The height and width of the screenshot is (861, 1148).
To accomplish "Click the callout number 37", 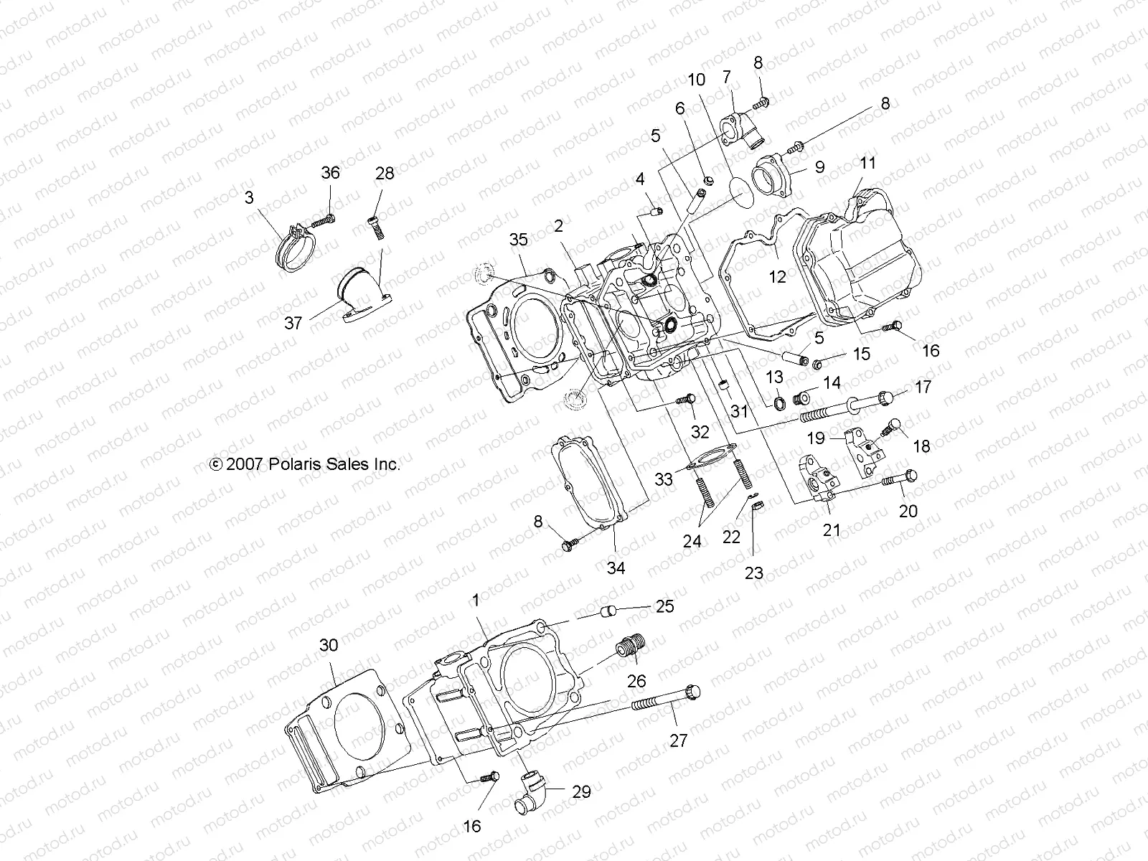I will (x=293, y=324).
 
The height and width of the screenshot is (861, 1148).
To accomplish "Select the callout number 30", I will (x=328, y=646).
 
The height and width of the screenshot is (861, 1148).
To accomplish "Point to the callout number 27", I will (x=678, y=740).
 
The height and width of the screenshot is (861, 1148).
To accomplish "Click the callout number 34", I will (x=616, y=568).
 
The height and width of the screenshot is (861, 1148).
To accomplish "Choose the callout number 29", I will (x=581, y=791).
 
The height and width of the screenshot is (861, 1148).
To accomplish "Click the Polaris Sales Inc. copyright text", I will (x=305, y=464).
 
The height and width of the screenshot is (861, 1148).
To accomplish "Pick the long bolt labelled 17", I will (x=847, y=406).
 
